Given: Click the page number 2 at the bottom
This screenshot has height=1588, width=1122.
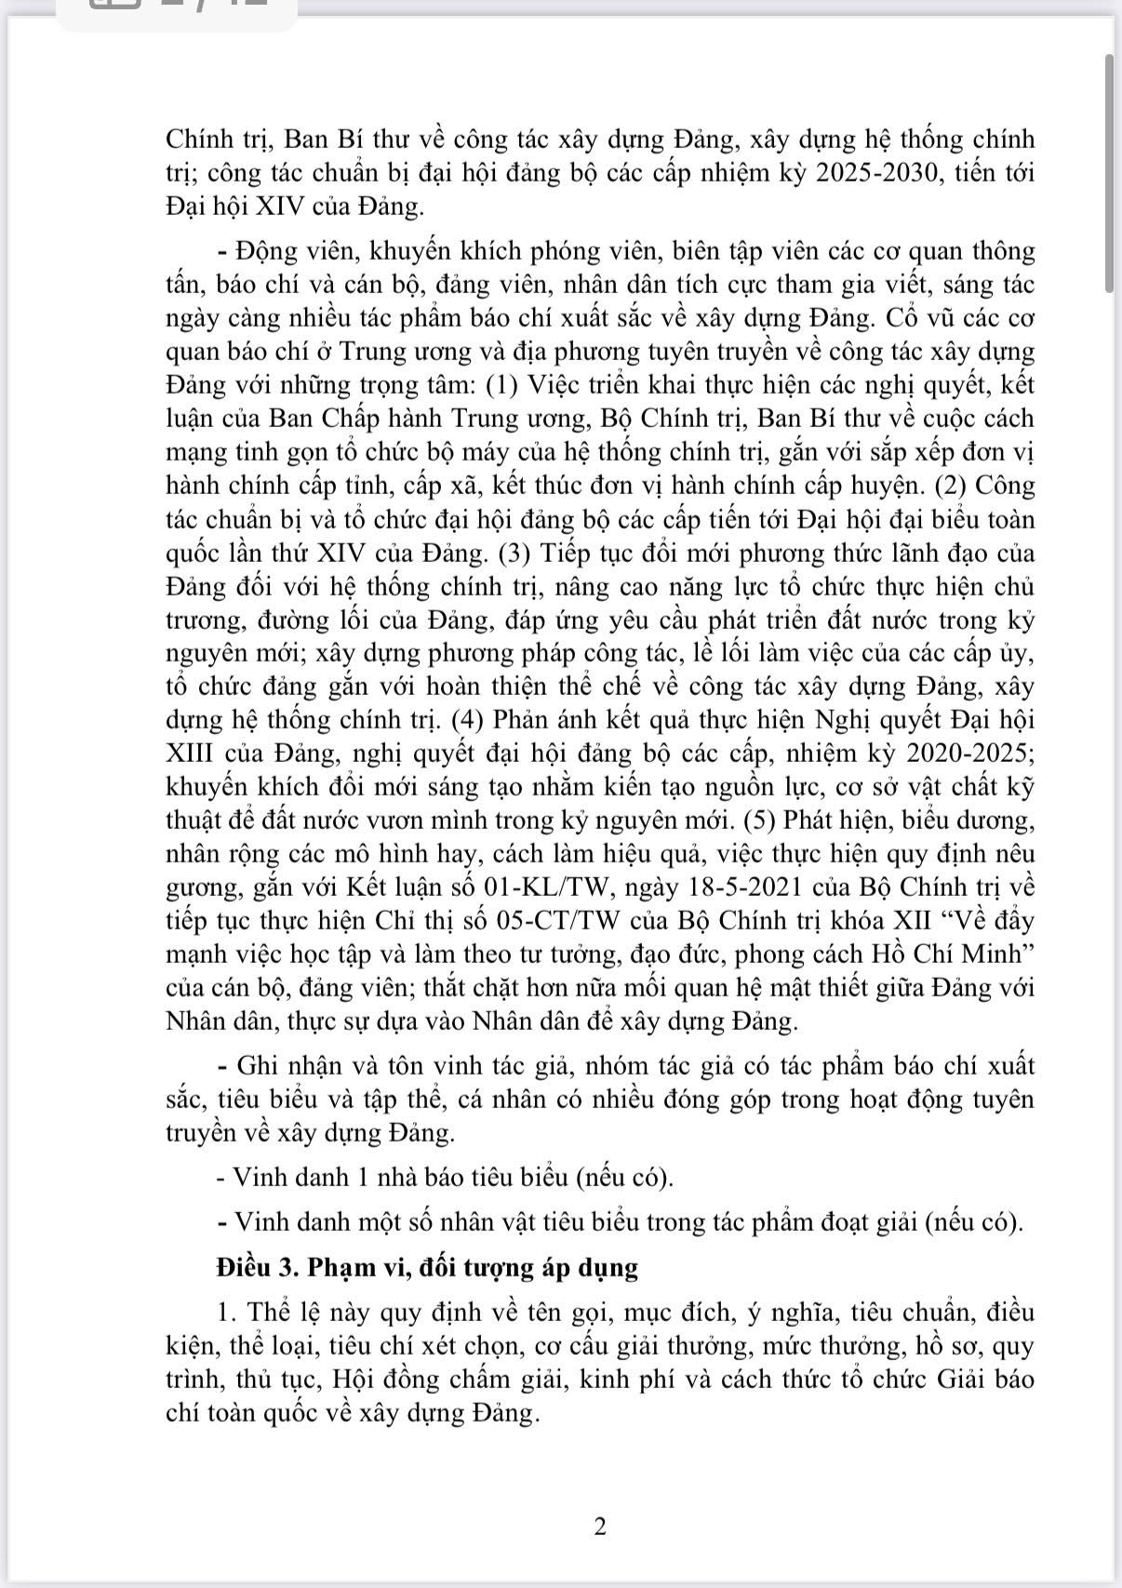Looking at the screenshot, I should [x=599, y=1527].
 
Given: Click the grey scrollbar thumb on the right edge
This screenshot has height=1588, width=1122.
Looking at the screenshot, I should [x=1109, y=172].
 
